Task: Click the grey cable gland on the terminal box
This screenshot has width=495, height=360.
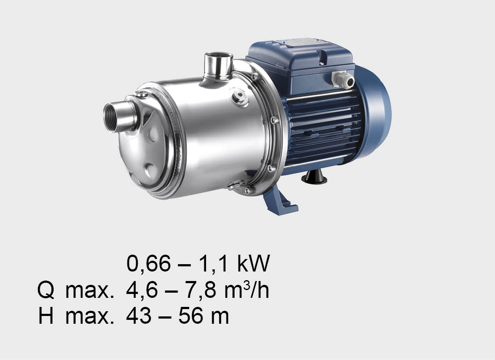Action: [343, 79]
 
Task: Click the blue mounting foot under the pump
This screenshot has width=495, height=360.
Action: [279, 200]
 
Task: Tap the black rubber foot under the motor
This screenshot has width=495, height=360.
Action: [314, 177]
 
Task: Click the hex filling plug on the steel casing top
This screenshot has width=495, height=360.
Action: [240, 96]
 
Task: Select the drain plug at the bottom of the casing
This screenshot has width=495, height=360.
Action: [236, 186]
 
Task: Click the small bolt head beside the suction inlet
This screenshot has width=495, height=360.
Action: [141, 94]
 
